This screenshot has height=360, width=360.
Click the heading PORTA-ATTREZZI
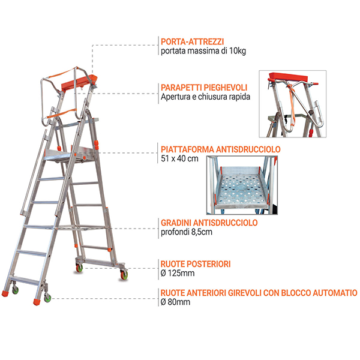(193, 41)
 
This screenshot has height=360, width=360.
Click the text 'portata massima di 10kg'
(203, 52)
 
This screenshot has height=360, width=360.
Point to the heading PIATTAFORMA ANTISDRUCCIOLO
(221, 149)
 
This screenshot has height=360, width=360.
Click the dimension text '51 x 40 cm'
(180, 159)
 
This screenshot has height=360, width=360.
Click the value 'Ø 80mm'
(176, 302)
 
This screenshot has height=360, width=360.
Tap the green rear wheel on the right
(124, 275)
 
